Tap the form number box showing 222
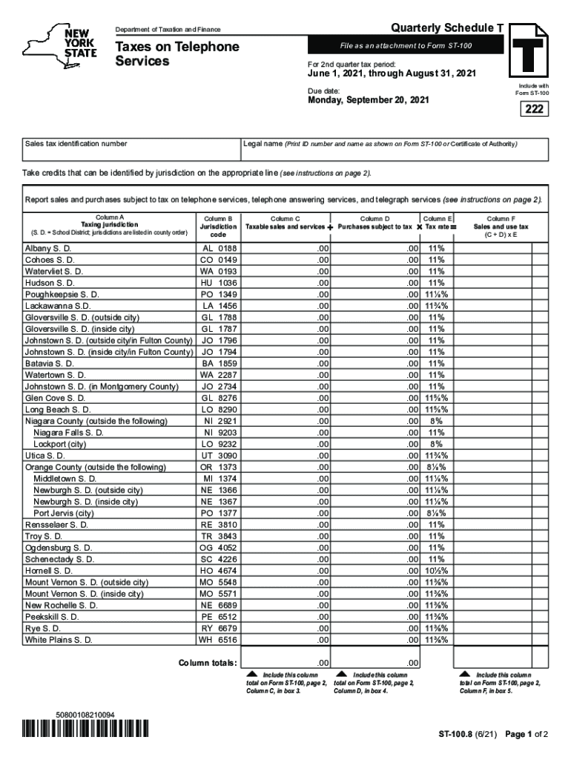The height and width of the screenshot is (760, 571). coord(532,110)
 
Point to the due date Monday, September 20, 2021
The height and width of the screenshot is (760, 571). coord(368,99)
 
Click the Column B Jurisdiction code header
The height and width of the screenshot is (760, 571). coord(218,226)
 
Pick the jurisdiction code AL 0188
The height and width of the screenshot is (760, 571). coord(218,249)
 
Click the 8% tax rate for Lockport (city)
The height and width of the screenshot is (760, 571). coord(436,444)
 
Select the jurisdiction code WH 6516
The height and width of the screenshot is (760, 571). coord(218,639)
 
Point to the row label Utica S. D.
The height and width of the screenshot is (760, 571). coord(44,455)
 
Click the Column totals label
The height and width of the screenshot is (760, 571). coord(208,663)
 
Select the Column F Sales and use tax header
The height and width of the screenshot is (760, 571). coord(502,226)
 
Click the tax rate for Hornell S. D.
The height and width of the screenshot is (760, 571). coord(436,570)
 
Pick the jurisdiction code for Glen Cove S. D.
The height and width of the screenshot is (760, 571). coord(218,398)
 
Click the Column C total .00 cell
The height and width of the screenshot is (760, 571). coord(286,663)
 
